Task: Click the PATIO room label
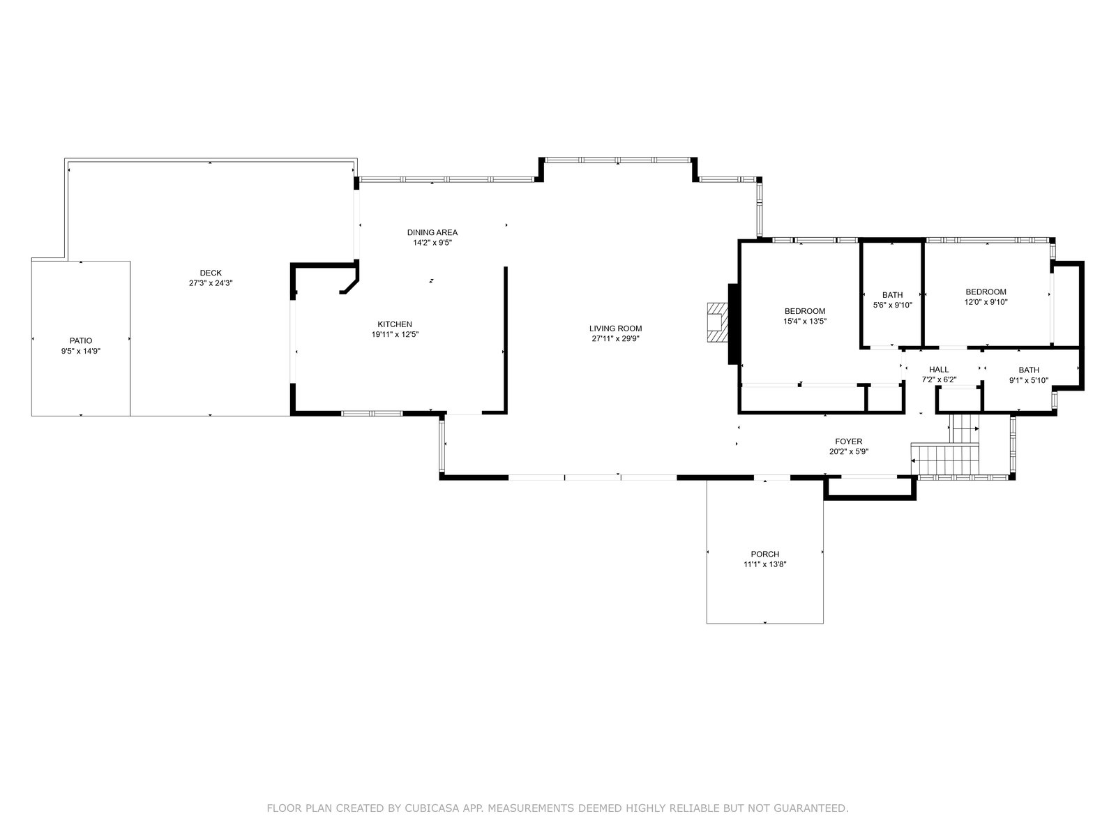(x=81, y=340)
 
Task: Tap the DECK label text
(x=211, y=273)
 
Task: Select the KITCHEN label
(x=395, y=324)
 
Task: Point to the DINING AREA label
(x=432, y=232)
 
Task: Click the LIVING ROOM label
(x=615, y=329)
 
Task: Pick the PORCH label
(x=764, y=554)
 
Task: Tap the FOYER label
(x=849, y=442)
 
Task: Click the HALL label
(x=939, y=370)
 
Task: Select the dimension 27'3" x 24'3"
(x=211, y=283)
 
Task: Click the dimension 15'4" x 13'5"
(x=805, y=321)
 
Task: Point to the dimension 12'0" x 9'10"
(x=986, y=302)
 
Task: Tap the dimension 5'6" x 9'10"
(x=892, y=305)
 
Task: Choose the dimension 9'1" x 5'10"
(x=1029, y=380)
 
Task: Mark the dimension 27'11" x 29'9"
(x=615, y=338)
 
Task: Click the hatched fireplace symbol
(x=718, y=323)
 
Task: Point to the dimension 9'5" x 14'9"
(x=81, y=351)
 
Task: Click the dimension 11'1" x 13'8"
(x=764, y=564)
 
